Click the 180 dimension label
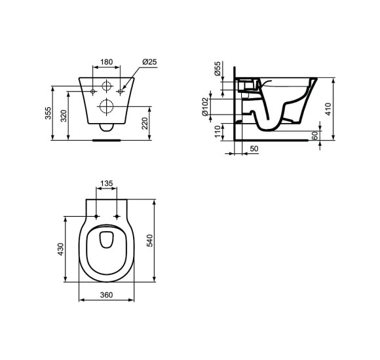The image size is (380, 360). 106,63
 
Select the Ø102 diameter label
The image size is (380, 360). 205,105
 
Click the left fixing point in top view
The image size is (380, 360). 96,217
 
